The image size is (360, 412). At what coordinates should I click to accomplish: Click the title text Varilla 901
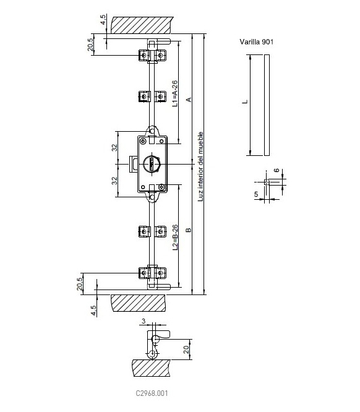(257, 42)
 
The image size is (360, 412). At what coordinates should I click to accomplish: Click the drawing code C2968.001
(152, 393)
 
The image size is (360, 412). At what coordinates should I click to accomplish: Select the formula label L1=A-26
(175, 93)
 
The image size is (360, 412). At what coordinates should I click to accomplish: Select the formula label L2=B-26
(175, 238)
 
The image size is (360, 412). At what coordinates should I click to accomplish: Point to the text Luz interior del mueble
(200, 166)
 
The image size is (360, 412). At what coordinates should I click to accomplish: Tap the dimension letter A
(189, 100)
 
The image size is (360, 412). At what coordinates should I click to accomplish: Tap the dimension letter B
(189, 230)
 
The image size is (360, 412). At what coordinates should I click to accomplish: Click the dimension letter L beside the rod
(245, 101)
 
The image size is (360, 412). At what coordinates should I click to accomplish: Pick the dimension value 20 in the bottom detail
(186, 349)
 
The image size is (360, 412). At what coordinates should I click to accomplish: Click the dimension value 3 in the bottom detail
(144, 321)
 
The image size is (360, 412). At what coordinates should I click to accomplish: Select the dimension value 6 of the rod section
(276, 170)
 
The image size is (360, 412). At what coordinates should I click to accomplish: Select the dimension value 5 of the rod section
(256, 194)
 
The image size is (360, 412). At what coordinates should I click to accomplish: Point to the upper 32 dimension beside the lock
(114, 147)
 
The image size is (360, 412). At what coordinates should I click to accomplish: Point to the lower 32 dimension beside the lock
(114, 181)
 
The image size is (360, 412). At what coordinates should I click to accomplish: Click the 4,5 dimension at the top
(103, 20)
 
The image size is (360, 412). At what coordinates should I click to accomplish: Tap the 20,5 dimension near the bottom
(80, 284)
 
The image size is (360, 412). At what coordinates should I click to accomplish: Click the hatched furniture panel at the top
(142, 25)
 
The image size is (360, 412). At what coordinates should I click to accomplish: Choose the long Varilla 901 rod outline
(267, 105)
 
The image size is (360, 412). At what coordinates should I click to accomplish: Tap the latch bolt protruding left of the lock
(133, 164)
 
